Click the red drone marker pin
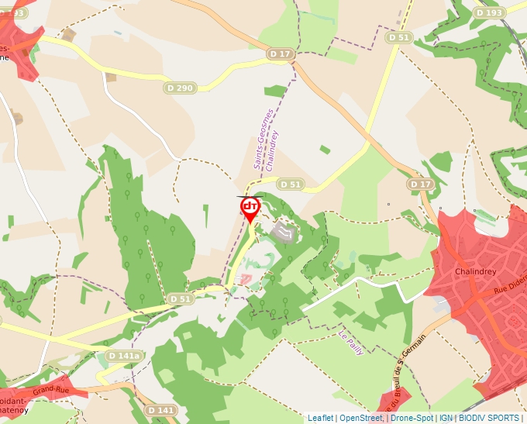[x=250, y=208]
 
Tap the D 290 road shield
[x=179, y=88]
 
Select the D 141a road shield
[x=125, y=356]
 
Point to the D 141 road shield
[x=160, y=409]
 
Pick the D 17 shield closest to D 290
[x=281, y=53]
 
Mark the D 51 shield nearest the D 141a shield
[x=180, y=298]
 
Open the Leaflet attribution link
[x=320, y=418]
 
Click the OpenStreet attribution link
[x=360, y=418]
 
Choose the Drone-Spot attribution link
[x=412, y=418]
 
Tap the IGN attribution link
[x=446, y=418]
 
